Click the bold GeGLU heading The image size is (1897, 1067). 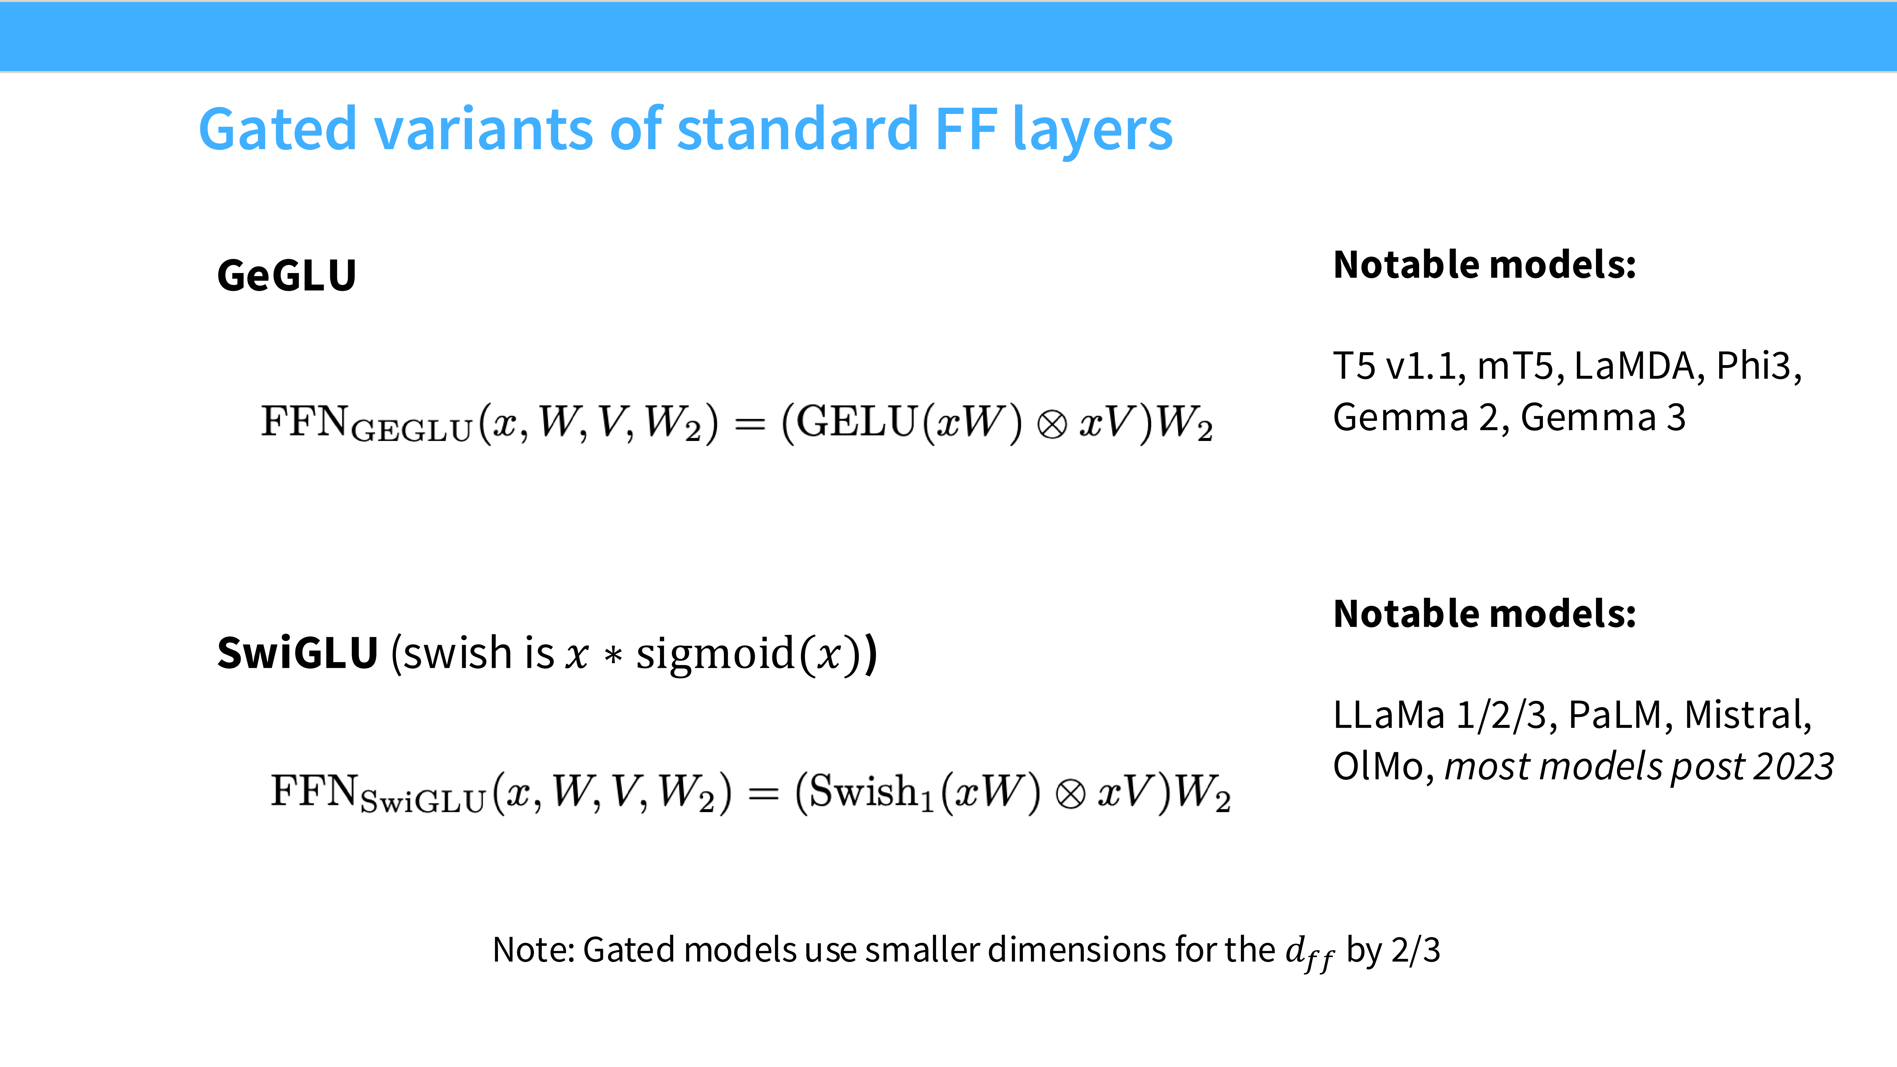point(287,275)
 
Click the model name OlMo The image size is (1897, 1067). point(1379,767)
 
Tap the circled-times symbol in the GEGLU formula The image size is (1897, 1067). point(1052,425)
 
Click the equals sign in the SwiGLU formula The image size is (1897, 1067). point(764,794)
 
